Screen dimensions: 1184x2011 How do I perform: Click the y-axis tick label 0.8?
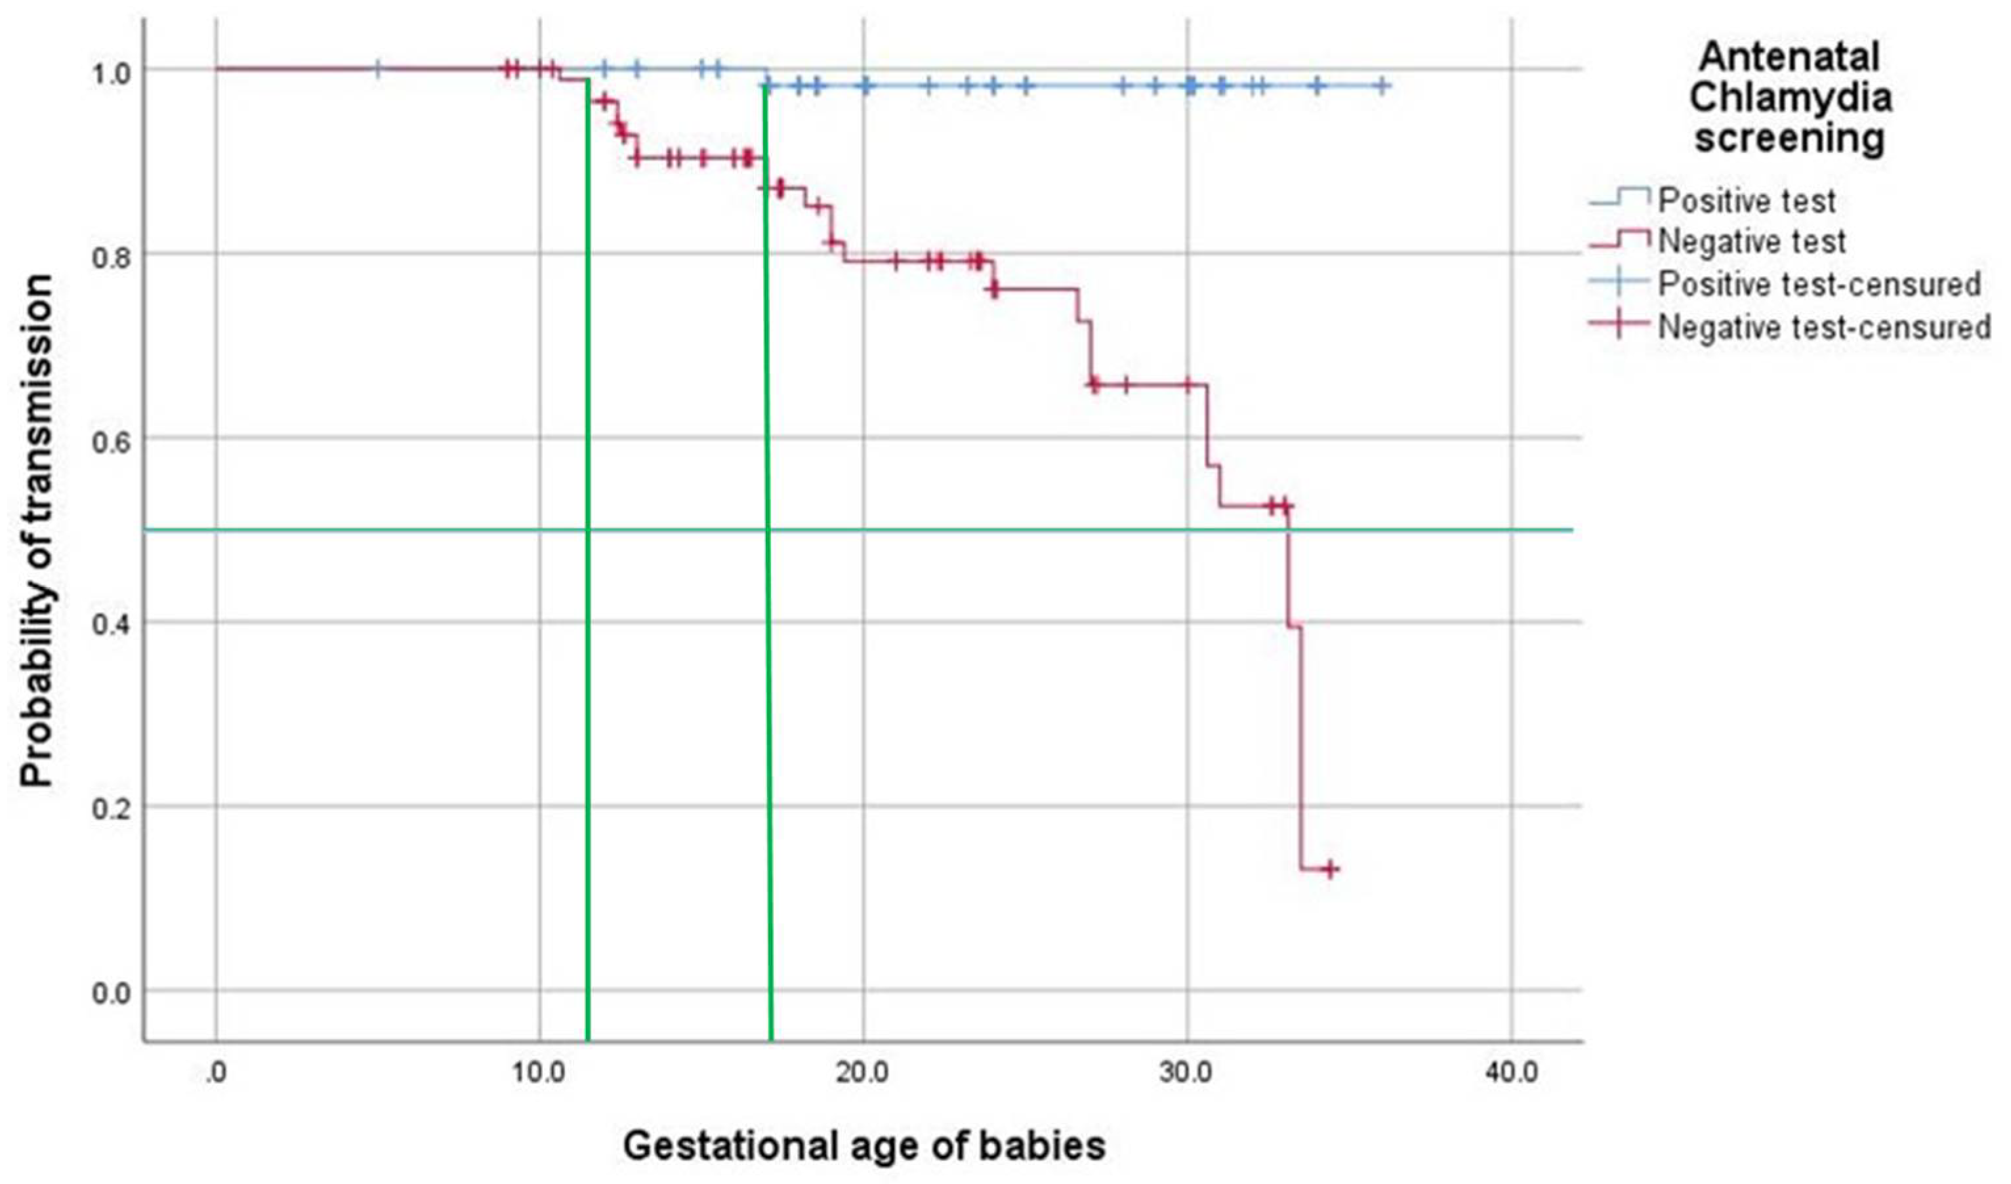pyautogui.click(x=112, y=255)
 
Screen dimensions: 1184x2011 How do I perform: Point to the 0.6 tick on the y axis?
pyautogui.click(x=112, y=439)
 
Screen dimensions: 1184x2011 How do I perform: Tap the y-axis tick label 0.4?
pyautogui.click(x=112, y=623)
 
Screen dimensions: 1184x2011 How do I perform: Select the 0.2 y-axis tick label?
pyautogui.click(x=112, y=807)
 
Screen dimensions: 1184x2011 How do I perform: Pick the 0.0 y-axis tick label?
pyautogui.click(x=112, y=993)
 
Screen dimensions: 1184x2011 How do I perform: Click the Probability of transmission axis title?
pyautogui.click(x=37, y=531)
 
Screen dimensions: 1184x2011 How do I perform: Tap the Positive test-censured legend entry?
pyautogui.click(x=1819, y=284)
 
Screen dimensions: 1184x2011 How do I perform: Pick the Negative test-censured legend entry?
pyautogui.click(x=1823, y=327)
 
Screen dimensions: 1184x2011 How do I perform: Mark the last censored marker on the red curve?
pyautogui.click(x=1329, y=870)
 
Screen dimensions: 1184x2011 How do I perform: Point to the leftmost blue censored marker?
pyautogui.click(x=377, y=69)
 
